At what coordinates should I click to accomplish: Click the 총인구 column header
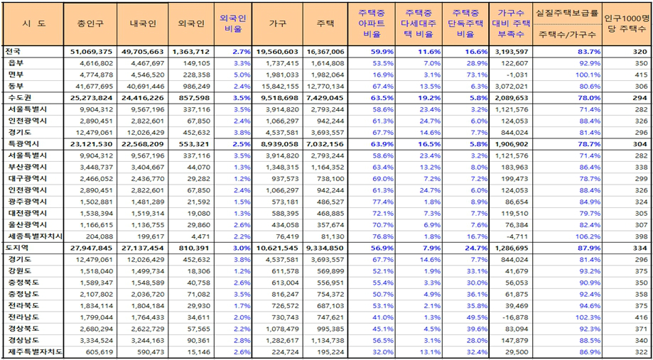[89, 23]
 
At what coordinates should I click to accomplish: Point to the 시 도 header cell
[33, 23]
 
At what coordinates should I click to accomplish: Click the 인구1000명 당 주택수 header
[627, 23]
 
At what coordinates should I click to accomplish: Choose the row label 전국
[14, 52]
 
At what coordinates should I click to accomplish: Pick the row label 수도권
[16, 97]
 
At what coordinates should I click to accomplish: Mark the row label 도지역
[16, 247]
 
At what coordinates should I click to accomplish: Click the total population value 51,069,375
[89, 52]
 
